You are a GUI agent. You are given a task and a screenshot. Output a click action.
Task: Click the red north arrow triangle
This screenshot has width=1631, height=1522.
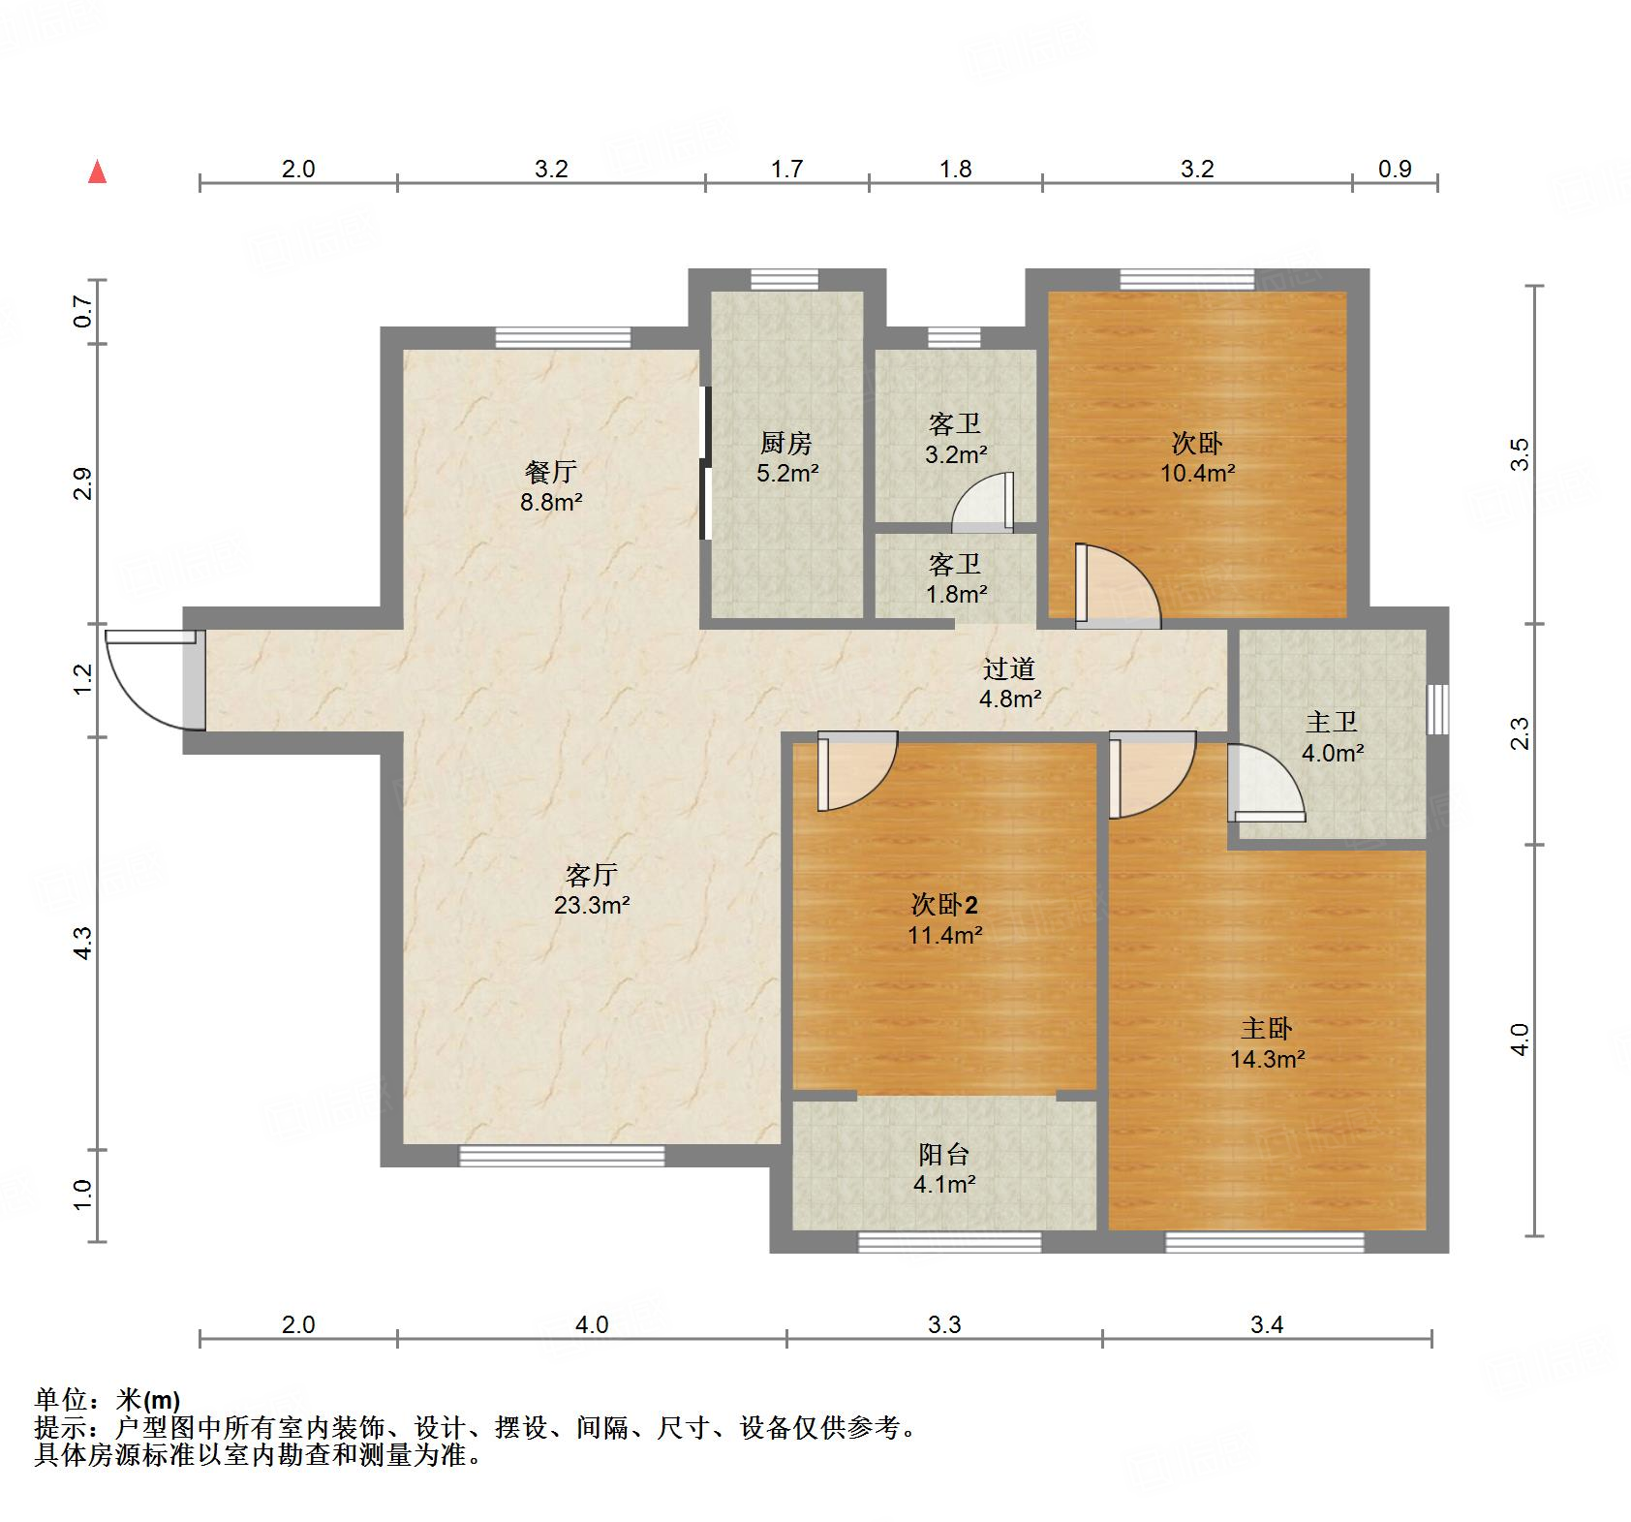97,172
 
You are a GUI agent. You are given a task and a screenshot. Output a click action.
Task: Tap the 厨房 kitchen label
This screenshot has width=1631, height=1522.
786,444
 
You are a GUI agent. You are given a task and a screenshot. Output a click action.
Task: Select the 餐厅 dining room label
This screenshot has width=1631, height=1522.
551,473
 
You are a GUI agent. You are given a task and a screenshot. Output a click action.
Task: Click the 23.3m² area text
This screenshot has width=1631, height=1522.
592,906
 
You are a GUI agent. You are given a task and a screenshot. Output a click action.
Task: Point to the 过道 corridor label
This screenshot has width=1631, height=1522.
1009,668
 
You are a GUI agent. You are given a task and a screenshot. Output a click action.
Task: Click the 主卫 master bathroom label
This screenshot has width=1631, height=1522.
1332,723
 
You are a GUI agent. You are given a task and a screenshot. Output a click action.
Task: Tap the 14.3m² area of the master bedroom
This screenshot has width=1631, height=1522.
1268,1059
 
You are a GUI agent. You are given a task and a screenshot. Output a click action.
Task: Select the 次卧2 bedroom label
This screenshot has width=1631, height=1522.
944,905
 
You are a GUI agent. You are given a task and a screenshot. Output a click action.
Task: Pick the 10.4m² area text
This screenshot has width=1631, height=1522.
1198,474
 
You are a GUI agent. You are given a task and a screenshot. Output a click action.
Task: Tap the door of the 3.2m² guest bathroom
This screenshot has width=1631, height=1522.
984,503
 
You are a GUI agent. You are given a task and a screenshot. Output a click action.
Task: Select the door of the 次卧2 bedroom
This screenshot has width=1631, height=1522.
857,770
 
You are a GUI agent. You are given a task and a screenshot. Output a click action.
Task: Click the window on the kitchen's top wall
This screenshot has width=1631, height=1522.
785,279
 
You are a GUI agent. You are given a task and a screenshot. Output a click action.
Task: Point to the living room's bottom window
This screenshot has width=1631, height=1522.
562,1156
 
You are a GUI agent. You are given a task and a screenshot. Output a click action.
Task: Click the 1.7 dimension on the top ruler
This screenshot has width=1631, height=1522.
786,170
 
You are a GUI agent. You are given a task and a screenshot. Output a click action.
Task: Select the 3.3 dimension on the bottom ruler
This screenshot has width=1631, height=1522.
944,1324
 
